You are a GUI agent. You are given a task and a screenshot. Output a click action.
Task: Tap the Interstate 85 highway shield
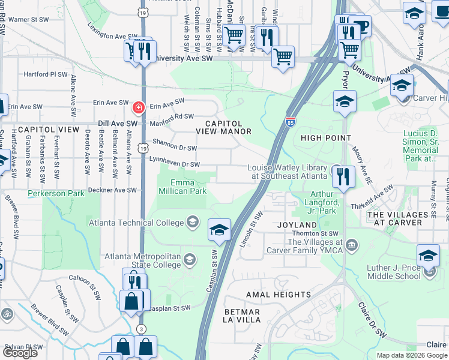[291, 122]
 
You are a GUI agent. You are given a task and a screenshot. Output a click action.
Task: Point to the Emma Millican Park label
[182, 187]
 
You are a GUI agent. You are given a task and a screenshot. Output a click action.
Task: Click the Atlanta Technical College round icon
[193, 222]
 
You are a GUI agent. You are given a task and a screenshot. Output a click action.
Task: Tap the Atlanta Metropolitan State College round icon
[190, 260]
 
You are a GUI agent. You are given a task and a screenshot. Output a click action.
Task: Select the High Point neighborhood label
[326, 138]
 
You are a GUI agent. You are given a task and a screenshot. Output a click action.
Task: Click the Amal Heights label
[279, 295]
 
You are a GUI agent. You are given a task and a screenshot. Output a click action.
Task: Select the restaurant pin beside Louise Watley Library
[343, 176]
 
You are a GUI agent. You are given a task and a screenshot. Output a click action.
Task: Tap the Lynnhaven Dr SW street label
[179, 164]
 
